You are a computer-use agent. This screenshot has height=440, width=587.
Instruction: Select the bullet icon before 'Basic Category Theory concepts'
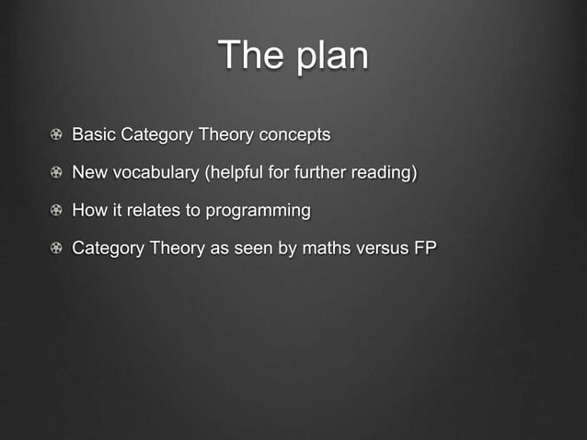click(x=57, y=135)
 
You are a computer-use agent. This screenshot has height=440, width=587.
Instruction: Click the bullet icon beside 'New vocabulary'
click(x=57, y=173)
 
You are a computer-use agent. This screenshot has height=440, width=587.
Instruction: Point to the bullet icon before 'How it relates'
click(x=57, y=211)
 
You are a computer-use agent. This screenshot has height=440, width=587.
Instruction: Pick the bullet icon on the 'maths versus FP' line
click(x=57, y=249)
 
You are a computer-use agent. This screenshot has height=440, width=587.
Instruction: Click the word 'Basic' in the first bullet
click(x=93, y=135)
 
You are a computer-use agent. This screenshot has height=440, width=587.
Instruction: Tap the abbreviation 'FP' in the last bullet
click(x=424, y=249)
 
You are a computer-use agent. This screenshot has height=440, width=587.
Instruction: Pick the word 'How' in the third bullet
click(x=89, y=211)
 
